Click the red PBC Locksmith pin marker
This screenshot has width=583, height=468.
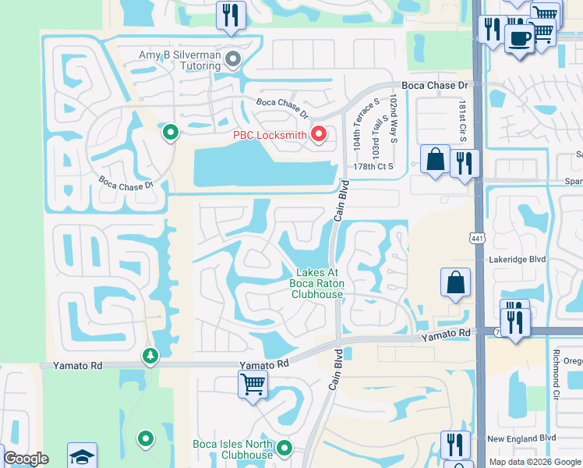(x=318, y=135)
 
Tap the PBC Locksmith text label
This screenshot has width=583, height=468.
(x=270, y=136)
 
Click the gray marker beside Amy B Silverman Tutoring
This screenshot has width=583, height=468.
(x=232, y=58)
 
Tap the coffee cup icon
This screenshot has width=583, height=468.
(x=518, y=37)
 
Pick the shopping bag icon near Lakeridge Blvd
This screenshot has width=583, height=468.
(x=455, y=282)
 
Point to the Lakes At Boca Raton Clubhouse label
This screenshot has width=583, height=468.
(x=317, y=283)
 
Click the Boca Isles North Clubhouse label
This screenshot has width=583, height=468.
(x=233, y=449)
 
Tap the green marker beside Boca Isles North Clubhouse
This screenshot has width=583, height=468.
(x=284, y=448)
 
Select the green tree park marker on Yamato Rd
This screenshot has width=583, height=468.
(x=150, y=356)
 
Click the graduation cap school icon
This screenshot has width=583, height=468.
(x=82, y=456)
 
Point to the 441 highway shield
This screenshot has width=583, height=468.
(x=475, y=237)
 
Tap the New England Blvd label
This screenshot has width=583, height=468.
(x=521, y=439)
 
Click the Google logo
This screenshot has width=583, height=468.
(x=26, y=459)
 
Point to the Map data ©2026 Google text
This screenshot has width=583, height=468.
(x=535, y=462)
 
